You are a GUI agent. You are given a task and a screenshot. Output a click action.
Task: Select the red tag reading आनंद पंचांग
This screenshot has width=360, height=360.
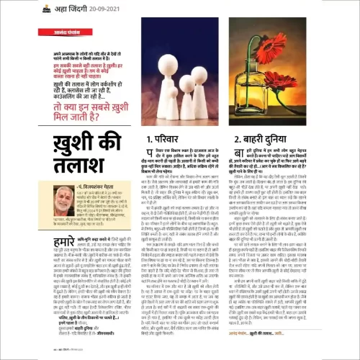(x=46, y=32)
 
